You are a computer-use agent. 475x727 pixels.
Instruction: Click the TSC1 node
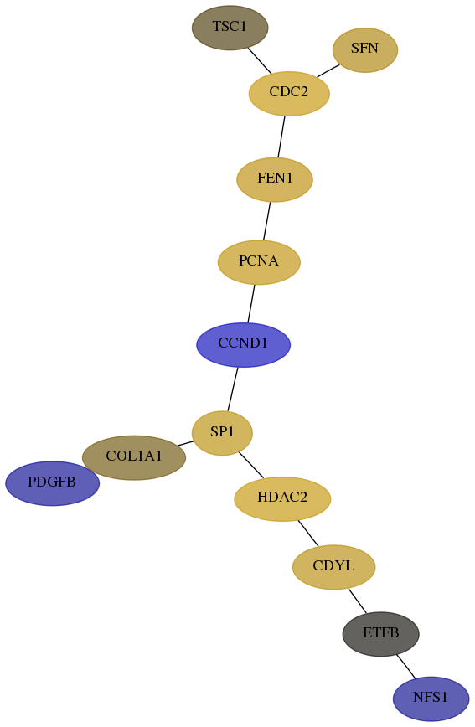(x=230, y=28)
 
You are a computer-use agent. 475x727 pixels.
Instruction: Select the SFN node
(x=365, y=50)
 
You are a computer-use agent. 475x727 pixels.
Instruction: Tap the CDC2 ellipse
(x=289, y=93)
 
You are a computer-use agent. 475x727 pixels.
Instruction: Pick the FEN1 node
(x=275, y=179)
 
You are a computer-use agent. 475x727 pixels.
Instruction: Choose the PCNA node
(x=259, y=262)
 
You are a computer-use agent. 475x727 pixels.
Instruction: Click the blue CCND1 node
(x=243, y=344)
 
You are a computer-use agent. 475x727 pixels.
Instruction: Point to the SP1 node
(x=222, y=433)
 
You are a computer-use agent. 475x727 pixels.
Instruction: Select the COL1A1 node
(x=133, y=457)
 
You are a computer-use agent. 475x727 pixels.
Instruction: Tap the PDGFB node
(x=52, y=483)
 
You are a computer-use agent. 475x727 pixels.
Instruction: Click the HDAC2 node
(x=282, y=499)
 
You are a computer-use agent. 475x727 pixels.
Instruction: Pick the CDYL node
(x=333, y=567)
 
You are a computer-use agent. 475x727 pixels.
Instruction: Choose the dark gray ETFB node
(x=381, y=634)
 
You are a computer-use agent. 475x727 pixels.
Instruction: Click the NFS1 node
(x=431, y=699)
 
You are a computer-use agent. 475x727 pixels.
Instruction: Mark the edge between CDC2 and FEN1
(x=281, y=137)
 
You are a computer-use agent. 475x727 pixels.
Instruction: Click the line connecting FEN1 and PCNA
(x=266, y=221)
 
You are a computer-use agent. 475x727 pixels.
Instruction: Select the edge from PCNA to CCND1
(x=251, y=303)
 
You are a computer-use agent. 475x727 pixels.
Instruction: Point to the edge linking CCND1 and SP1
(x=232, y=389)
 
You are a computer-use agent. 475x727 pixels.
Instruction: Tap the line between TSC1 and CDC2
(x=260, y=61)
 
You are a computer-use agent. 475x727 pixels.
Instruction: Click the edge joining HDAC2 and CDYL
(x=308, y=534)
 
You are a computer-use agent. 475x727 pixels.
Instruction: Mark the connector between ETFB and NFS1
(x=405, y=667)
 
